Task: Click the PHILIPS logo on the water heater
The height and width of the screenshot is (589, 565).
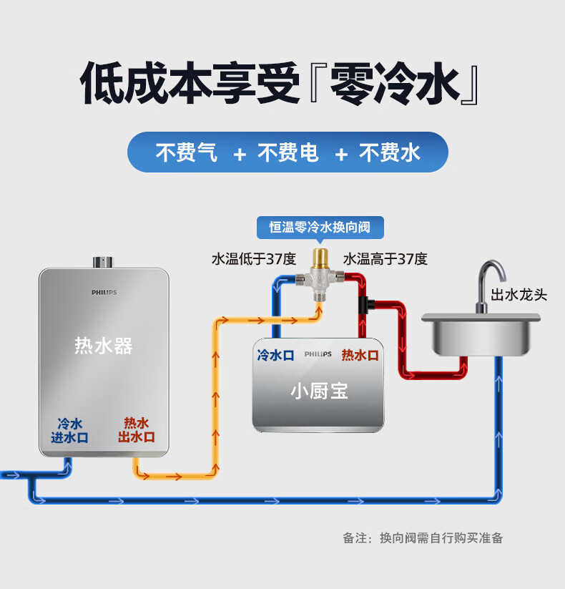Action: (x=104, y=292)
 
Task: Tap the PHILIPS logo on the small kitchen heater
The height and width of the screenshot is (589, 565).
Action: (x=318, y=354)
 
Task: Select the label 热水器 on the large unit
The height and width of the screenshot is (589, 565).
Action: (x=104, y=346)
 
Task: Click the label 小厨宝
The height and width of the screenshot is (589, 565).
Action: (x=319, y=391)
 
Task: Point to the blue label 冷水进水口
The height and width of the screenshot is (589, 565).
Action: (x=69, y=430)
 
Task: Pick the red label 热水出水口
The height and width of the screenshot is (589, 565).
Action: (x=137, y=430)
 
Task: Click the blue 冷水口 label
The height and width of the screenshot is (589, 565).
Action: (x=275, y=355)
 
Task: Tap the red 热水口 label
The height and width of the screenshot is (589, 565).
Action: (x=360, y=355)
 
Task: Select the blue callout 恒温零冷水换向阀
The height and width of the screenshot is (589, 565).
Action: (x=320, y=227)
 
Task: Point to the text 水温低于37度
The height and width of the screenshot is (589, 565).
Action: (x=253, y=259)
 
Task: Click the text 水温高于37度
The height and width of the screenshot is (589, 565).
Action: (x=385, y=259)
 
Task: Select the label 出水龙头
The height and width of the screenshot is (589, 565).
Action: (x=519, y=294)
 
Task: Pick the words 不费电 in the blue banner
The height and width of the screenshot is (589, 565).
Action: (x=288, y=152)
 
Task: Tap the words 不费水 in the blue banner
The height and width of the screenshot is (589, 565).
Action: (x=389, y=152)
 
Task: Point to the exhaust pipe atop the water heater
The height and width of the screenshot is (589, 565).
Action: (x=103, y=261)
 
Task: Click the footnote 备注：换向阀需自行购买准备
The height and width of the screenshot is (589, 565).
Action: (x=423, y=537)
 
